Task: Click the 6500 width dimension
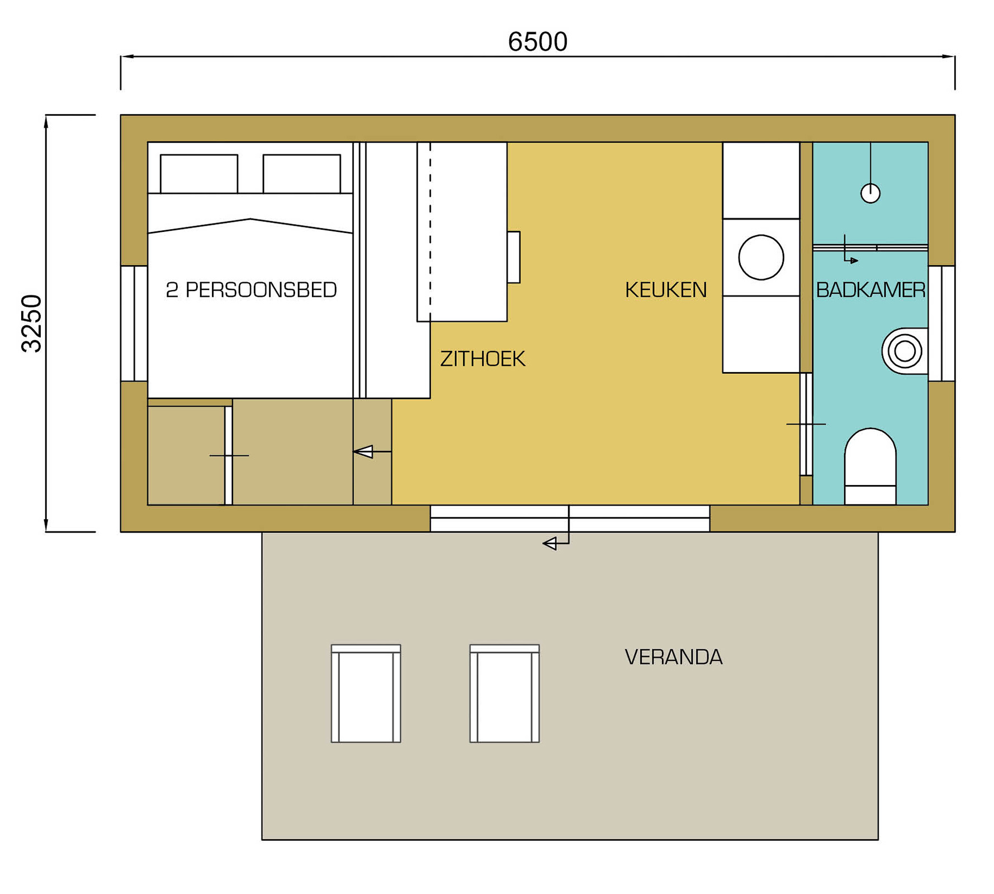pos(537,42)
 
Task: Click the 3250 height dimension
pos(31,324)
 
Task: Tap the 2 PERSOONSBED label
pos(251,289)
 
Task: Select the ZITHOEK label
pos(482,359)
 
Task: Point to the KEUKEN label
pos(665,289)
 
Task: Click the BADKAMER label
pos(870,289)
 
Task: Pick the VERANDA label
pos(673,657)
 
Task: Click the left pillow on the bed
pos(199,174)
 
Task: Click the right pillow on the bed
pos(302,174)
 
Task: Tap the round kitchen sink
pos(761,257)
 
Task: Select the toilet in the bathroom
pos(870,467)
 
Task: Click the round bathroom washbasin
pos(905,351)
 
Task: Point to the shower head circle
pos(870,193)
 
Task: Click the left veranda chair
pos(366,693)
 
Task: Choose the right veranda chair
pos(504,693)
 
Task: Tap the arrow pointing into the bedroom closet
pos(372,451)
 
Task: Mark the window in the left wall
pos(134,324)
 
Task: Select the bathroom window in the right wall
pos(941,324)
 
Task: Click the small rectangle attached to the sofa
pos(514,257)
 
